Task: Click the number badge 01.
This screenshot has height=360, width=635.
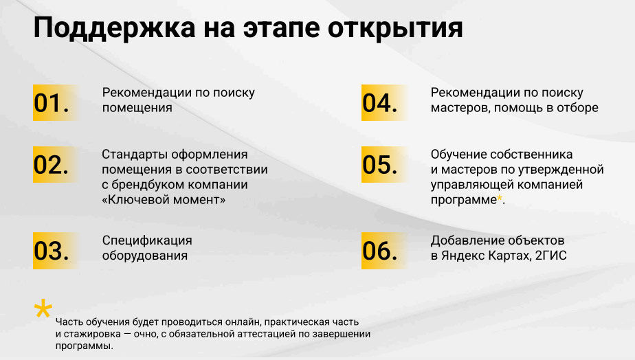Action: [52, 103]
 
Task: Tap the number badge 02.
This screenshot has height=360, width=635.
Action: [52, 165]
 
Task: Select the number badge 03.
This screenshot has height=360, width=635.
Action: [52, 251]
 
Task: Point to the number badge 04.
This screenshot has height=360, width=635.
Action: [381, 103]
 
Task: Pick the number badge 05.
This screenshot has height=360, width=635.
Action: [381, 165]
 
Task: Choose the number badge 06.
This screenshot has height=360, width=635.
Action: [381, 251]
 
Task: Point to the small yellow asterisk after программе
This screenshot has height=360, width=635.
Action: [500, 199]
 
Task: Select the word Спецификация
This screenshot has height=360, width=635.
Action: [147, 240]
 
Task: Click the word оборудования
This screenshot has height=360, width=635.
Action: [145, 256]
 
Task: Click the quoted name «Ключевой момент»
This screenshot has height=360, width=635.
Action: [164, 199]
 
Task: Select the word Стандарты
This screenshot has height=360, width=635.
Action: [134, 154]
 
